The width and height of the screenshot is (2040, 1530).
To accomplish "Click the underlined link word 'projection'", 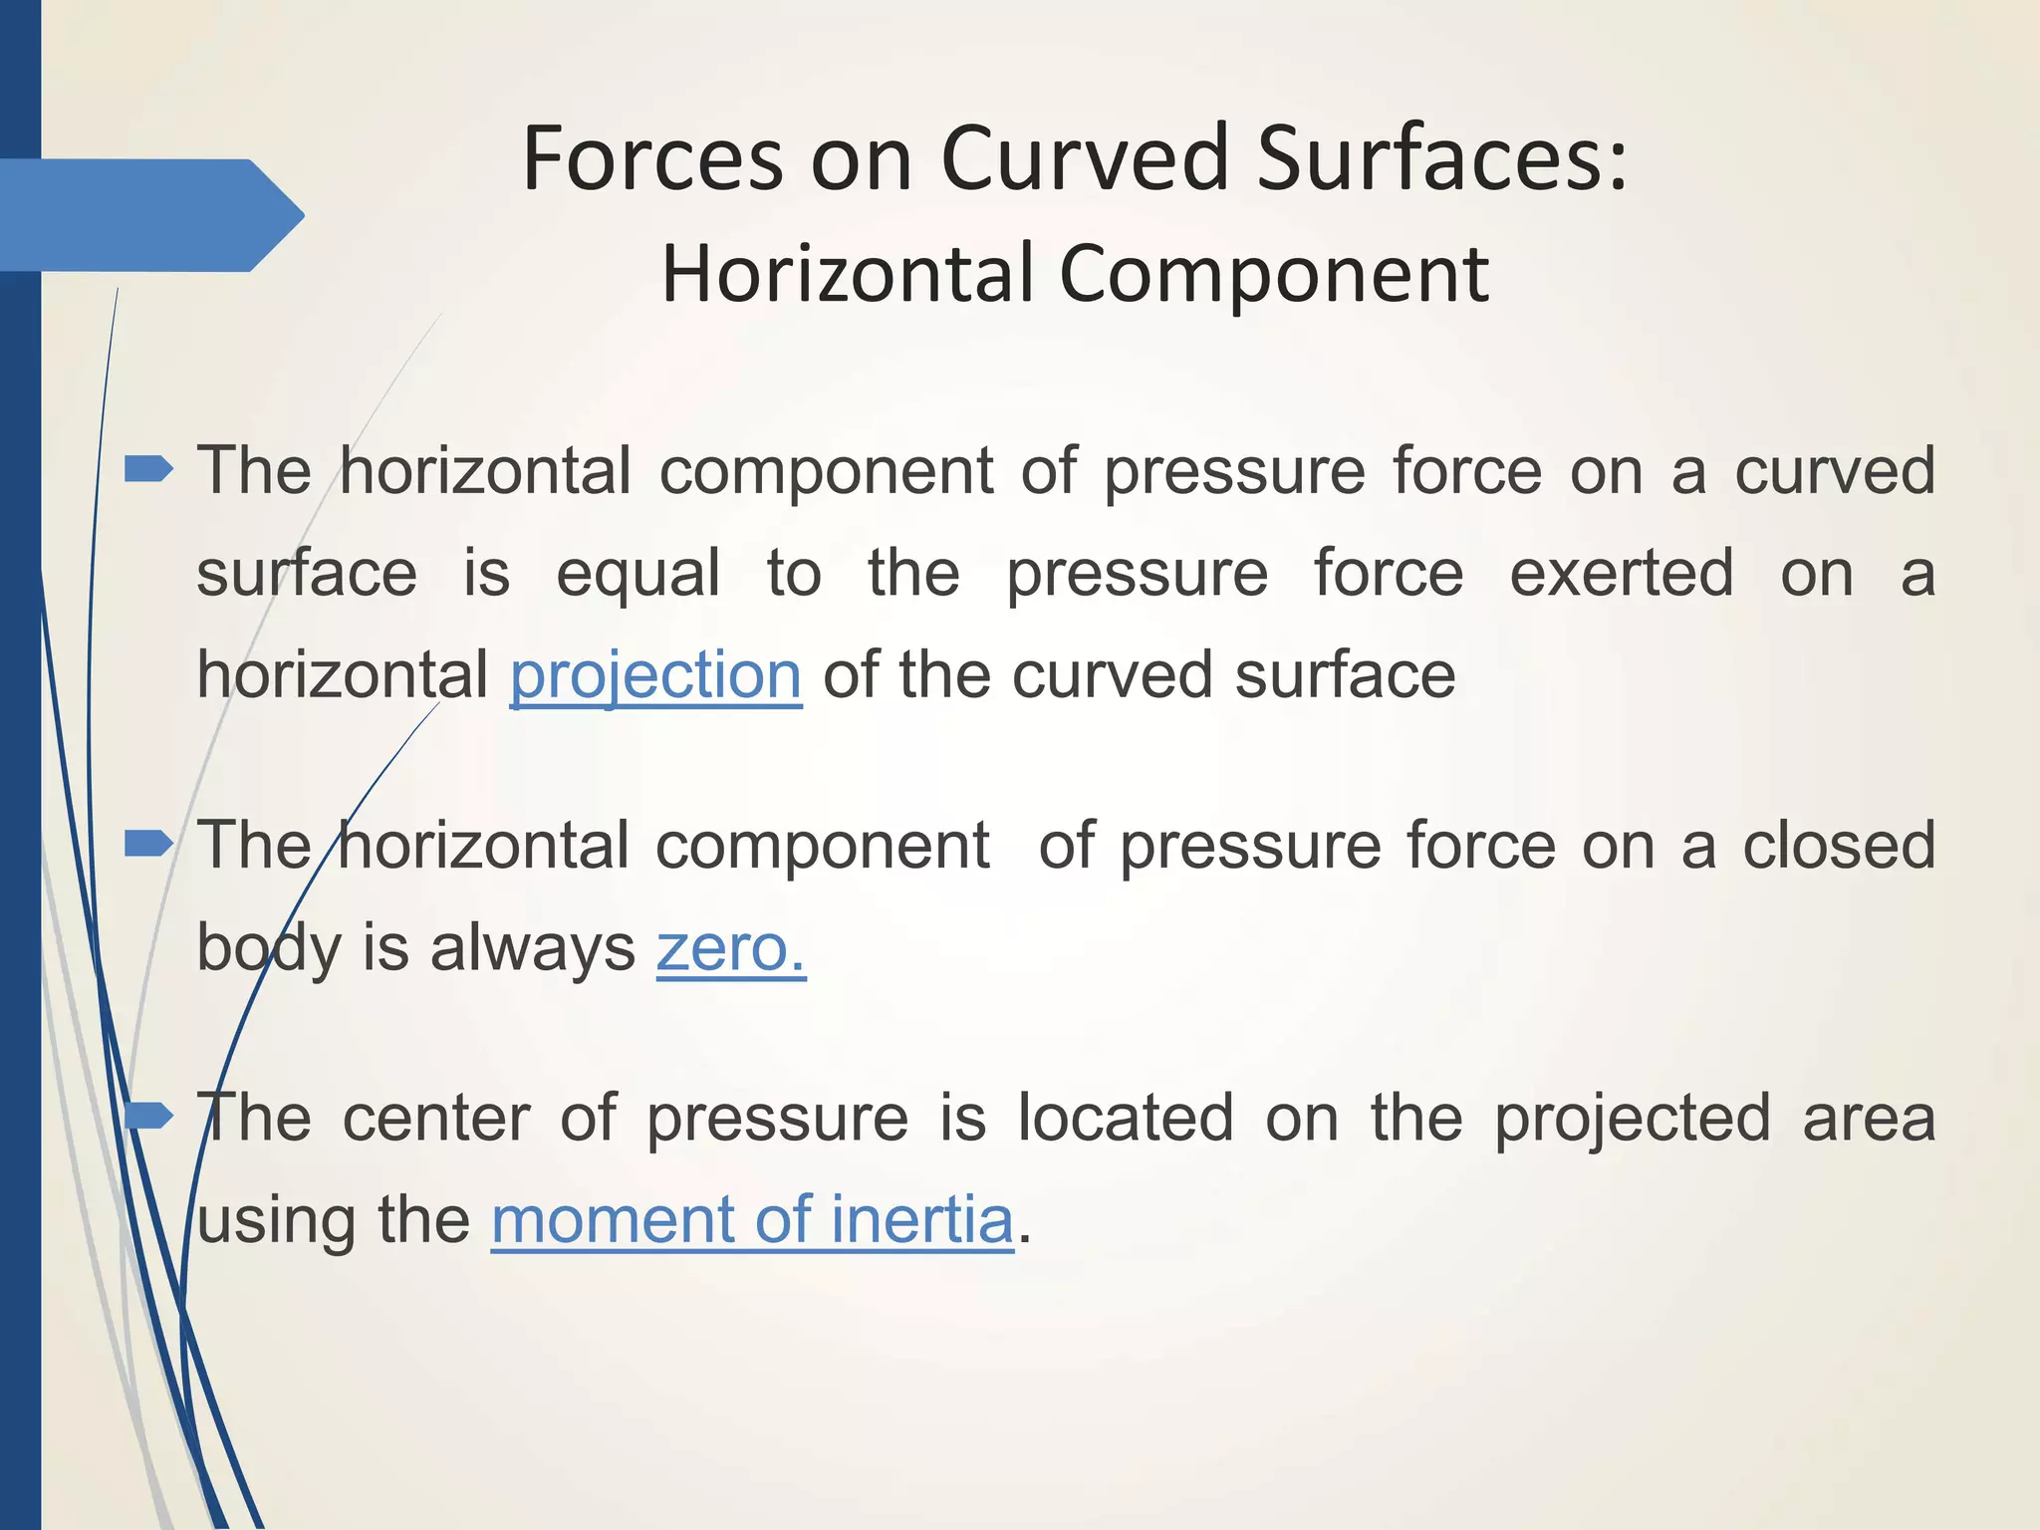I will [655, 675].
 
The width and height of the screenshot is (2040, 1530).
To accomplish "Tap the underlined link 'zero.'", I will [730, 947].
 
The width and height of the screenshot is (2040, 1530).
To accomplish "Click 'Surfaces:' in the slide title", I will [1441, 159].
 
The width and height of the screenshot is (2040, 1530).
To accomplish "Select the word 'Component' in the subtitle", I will [1273, 274].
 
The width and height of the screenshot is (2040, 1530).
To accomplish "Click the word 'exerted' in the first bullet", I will [1622, 573].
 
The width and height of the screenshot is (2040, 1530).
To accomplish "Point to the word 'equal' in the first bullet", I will [637, 575].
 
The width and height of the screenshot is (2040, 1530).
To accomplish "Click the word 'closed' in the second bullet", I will [1839, 845].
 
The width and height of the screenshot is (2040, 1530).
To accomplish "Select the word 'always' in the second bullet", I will [532, 947].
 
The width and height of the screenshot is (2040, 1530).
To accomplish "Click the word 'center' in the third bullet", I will [436, 1118].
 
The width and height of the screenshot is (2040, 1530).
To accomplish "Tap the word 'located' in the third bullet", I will [1126, 1118].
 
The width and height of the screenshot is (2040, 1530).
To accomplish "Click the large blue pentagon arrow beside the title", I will [149, 215].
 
